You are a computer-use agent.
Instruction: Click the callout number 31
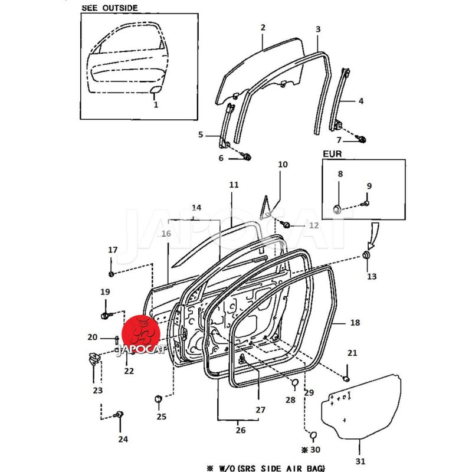360,461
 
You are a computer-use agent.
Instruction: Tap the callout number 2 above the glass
263,28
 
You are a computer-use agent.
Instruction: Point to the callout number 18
355,323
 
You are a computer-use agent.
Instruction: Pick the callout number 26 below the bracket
240,430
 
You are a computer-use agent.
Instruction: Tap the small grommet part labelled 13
366,255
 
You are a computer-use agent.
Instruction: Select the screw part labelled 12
286,225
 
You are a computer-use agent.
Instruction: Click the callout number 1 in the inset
156,104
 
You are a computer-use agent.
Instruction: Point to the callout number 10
283,165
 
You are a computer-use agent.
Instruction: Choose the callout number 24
122,439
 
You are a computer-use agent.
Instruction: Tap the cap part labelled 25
158,399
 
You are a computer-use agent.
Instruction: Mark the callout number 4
360,101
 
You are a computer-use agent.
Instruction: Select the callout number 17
112,250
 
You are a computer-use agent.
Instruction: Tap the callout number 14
196,208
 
